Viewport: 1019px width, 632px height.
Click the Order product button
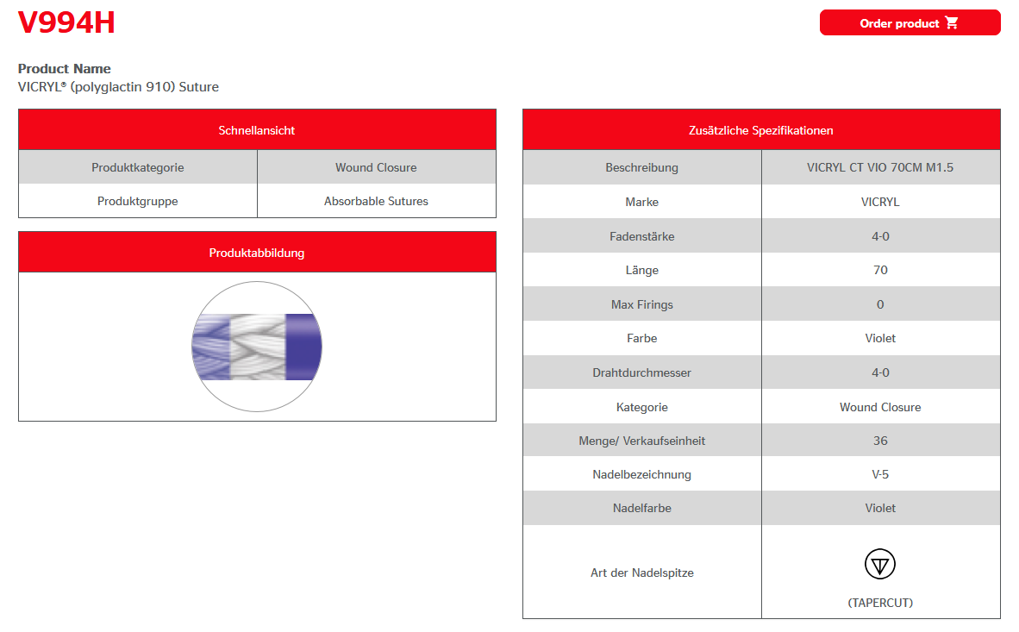click(910, 23)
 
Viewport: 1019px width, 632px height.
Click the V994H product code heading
click(66, 23)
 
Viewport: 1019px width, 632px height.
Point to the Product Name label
click(65, 69)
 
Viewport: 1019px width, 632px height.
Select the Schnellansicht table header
click(257, 130)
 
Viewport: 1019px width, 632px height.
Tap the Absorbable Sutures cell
click(376, 201)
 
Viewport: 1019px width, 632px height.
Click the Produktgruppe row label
click(138, 201)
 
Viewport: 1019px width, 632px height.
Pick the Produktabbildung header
click(257, 253)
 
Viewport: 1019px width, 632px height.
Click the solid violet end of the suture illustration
click(303, 347)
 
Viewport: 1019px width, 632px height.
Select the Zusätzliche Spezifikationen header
click(761, 130)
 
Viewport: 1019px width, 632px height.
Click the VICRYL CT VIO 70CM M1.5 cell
click(880, 167)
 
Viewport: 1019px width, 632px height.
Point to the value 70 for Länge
click(880, 270)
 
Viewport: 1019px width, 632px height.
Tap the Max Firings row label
click(642, 304)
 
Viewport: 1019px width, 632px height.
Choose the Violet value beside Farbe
click(880, 338)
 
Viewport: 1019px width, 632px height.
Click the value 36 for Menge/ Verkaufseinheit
click(880, 441)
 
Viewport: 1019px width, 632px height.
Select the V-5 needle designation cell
click(880, 474)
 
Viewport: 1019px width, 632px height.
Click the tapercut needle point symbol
click(880, 565)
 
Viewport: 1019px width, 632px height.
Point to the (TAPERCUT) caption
click(880, 603)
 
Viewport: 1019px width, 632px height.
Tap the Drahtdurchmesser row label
click(642, 372)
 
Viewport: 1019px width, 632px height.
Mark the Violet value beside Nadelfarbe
click(880, 508)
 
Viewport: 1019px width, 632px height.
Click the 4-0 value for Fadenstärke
click(880, 236)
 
